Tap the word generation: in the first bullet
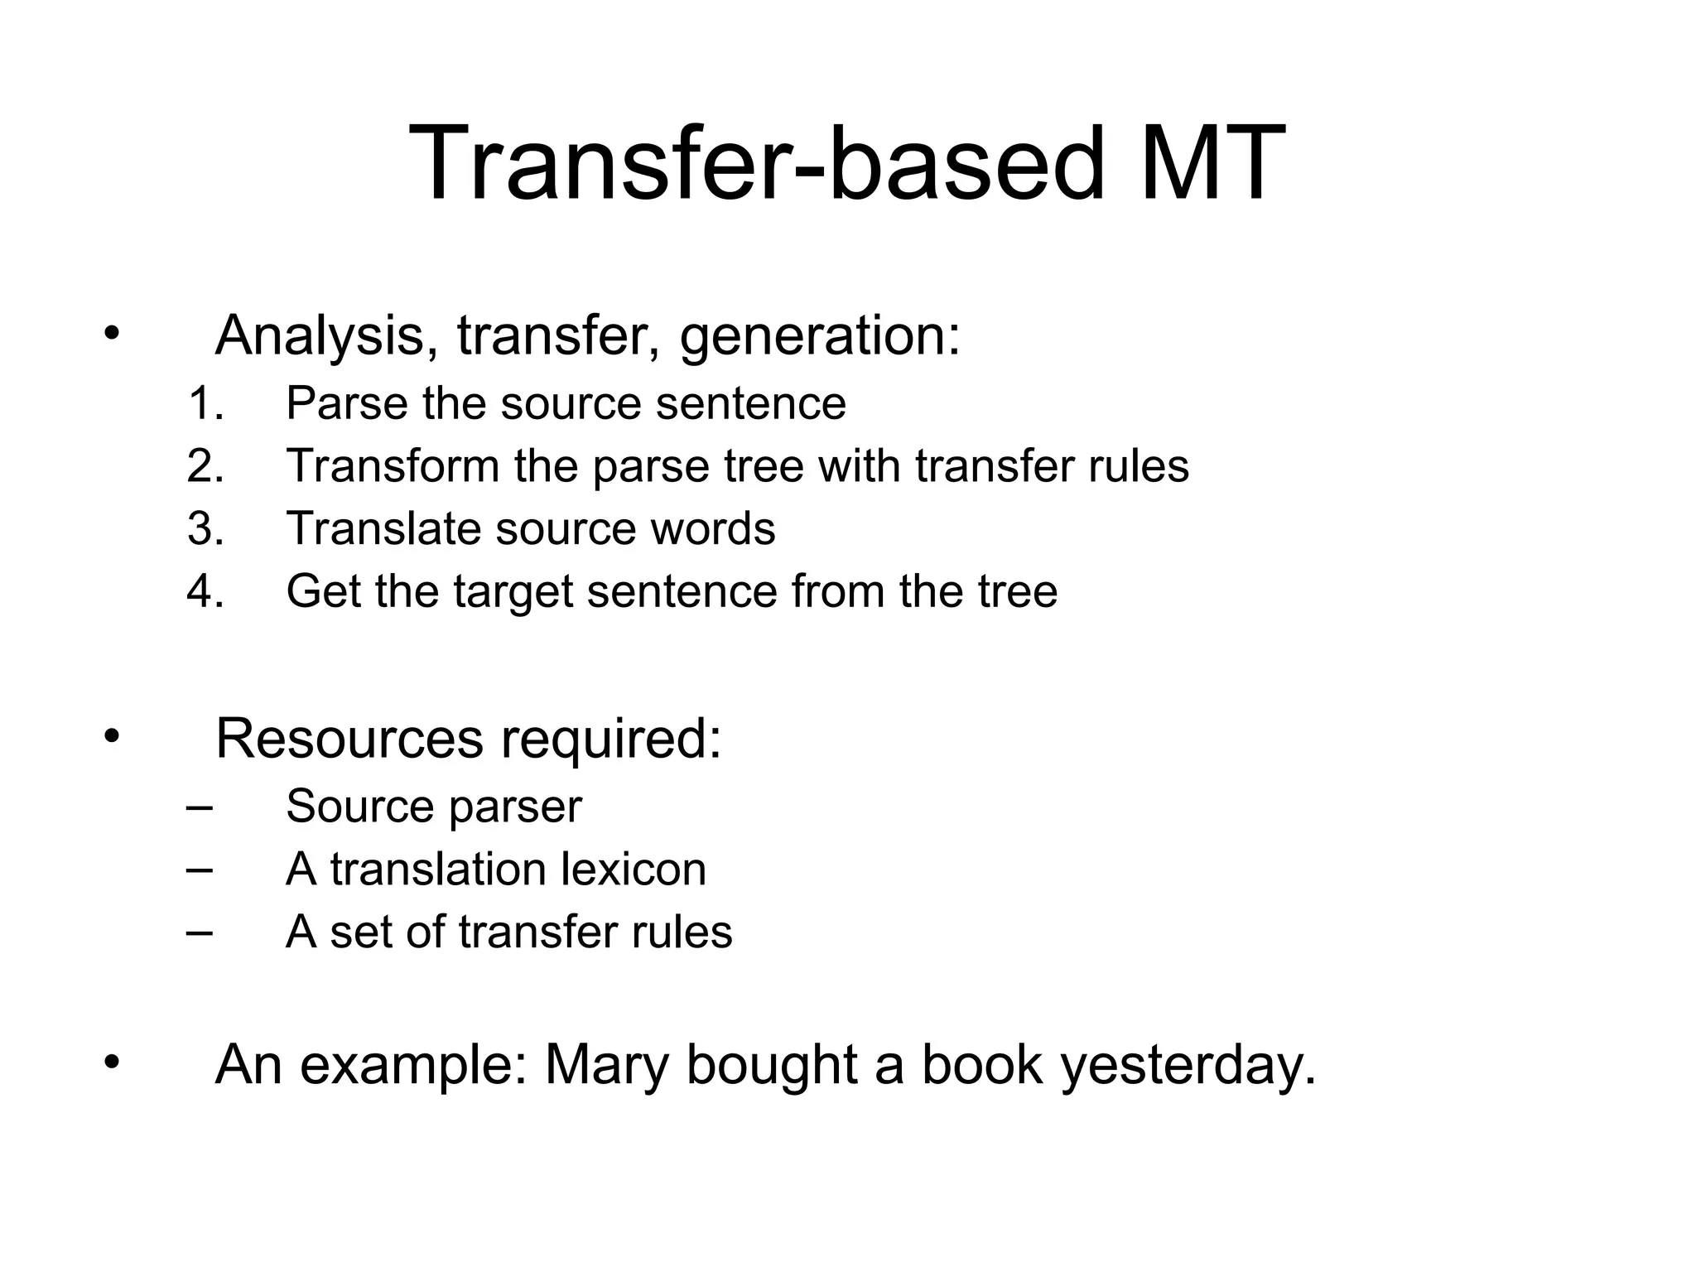tap(820, 337)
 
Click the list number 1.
tap(205, 404)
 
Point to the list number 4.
tap(205, 591)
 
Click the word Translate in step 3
tap(383, 528)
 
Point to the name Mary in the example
tap(606, 1066)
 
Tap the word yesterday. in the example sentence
tap(1188, 1067)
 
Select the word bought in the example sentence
tap(771, 1066)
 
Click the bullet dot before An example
tap(113, 1062)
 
